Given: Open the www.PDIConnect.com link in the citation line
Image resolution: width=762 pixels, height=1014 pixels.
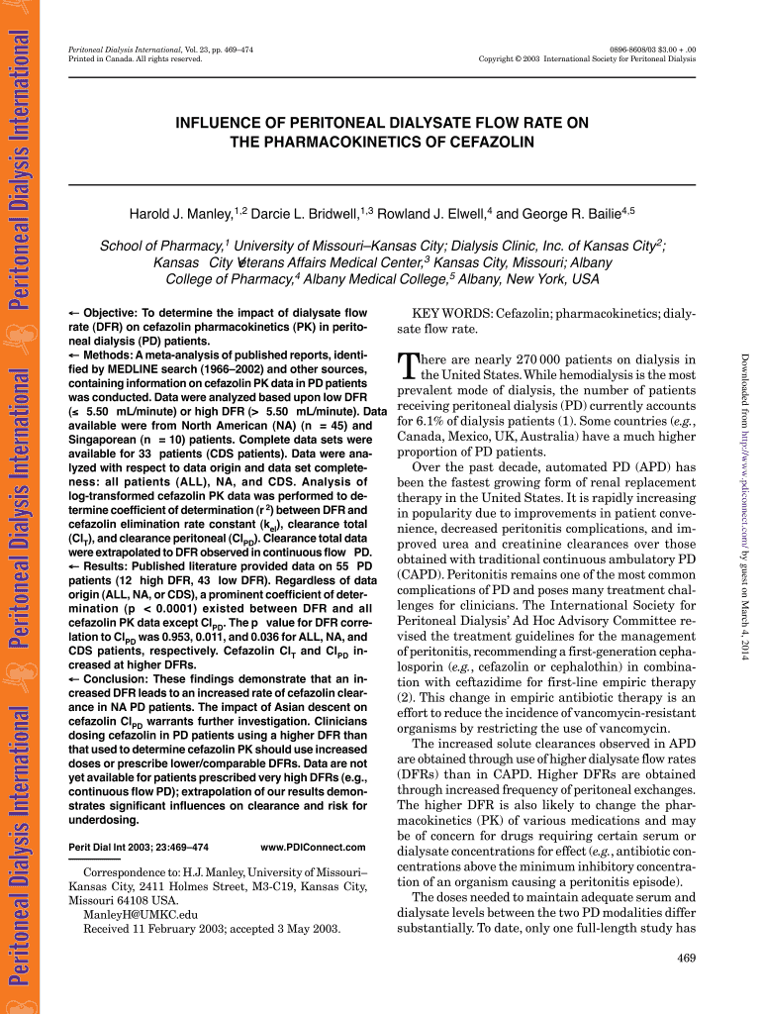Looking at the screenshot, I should pos(313,848).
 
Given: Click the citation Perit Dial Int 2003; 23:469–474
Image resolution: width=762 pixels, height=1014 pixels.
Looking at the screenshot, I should pos(138,848).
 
